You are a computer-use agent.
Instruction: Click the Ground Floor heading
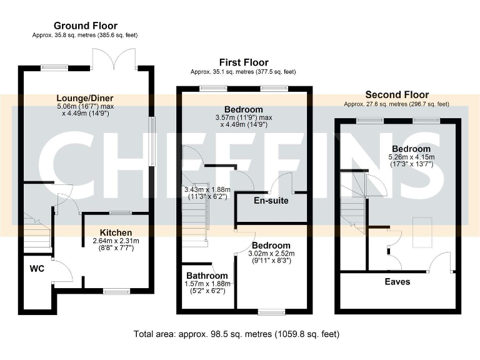point(86,26)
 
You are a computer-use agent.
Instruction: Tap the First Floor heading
point(244,62)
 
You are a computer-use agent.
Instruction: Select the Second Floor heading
point(397,94)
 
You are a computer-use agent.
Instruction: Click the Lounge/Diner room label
point(85,98)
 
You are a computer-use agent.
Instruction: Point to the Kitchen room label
point(116,232)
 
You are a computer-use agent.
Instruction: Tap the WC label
point(37,269)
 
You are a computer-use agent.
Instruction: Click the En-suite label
point(271,201)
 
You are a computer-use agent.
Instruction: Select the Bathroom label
point(207,276)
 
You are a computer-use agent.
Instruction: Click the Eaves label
point(397,282)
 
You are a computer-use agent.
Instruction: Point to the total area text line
point(236,334)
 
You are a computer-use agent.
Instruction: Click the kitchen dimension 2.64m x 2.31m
point(116,241)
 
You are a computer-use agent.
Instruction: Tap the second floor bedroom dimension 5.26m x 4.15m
point(411,157)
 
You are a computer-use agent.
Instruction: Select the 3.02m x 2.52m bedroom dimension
point(271,254)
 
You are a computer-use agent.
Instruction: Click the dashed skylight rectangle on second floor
point(422,232)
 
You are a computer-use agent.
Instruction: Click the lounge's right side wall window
point(151,141)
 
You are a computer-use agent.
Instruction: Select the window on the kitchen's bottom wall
point(117,291)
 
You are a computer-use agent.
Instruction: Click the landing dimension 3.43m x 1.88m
point(207,193)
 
